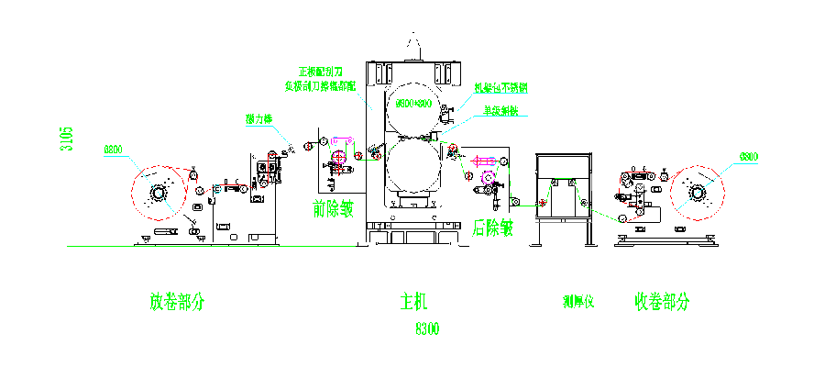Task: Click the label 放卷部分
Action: [177, 301]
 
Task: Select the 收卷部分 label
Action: [661, 301]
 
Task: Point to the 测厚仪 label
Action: [579, 301]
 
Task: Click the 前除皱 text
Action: [333, 210]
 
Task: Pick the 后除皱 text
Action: [492, 227]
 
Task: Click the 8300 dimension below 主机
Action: [428, 328]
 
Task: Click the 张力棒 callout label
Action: [259, 119]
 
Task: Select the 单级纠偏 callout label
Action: [501, 111]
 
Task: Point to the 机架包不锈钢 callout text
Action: [500, 88]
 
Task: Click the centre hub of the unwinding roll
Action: [159, 193]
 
